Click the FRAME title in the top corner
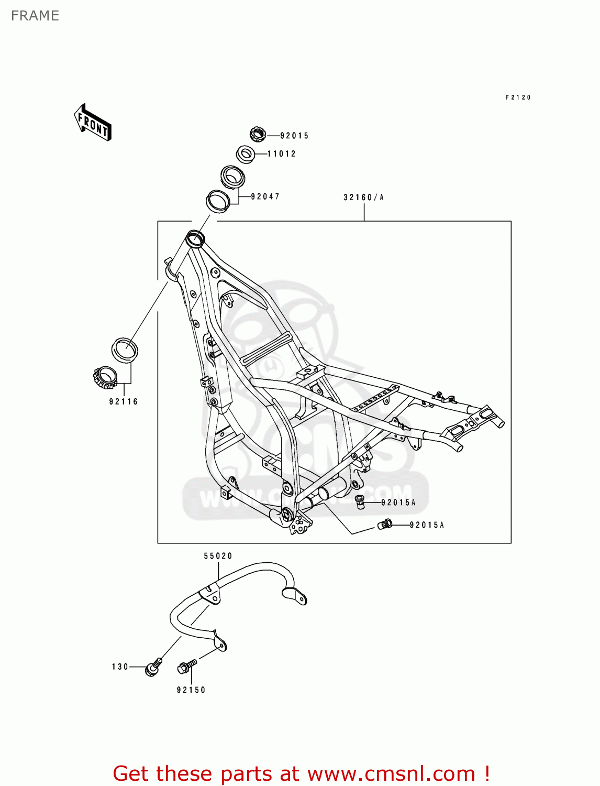[35, 16]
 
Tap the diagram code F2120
[518, 97]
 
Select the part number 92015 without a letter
[294, 136]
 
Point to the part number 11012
[282, 154]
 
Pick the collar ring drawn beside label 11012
[246, 154]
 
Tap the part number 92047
[265, 196]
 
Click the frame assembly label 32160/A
[363, 198]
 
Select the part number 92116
[124, 402]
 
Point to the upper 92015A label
[398, 503]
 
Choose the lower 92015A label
[426, 525]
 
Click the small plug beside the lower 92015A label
[385, 525]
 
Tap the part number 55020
[218, 556]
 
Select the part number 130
[120, 667]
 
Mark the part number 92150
[191, 690]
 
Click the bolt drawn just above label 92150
[186, 667]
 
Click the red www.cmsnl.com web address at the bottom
[391, 773]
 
